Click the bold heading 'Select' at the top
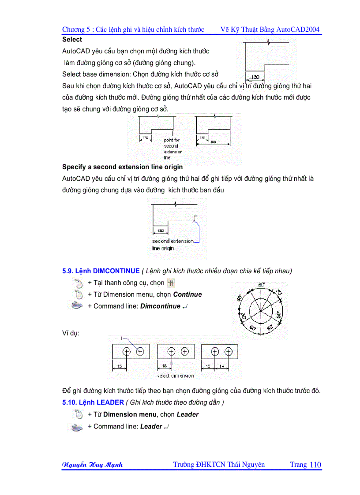coord(72,40)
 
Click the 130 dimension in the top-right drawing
coord(255,78)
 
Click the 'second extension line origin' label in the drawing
coord(172,245)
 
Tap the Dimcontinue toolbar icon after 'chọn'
coord(170,283)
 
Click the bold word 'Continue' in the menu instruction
coord(187,294)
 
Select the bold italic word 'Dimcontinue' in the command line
coord(160,306)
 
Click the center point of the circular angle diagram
coord(261,310)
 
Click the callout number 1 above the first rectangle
coord(120,338)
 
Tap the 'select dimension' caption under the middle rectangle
coord(176,376)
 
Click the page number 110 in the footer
coord(315,465)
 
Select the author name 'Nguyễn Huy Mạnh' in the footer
coord(93,465)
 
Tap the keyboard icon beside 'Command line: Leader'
coord(77,427)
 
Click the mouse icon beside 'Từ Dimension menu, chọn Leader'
coord(79,414)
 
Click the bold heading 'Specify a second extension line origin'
coord(122,167)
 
